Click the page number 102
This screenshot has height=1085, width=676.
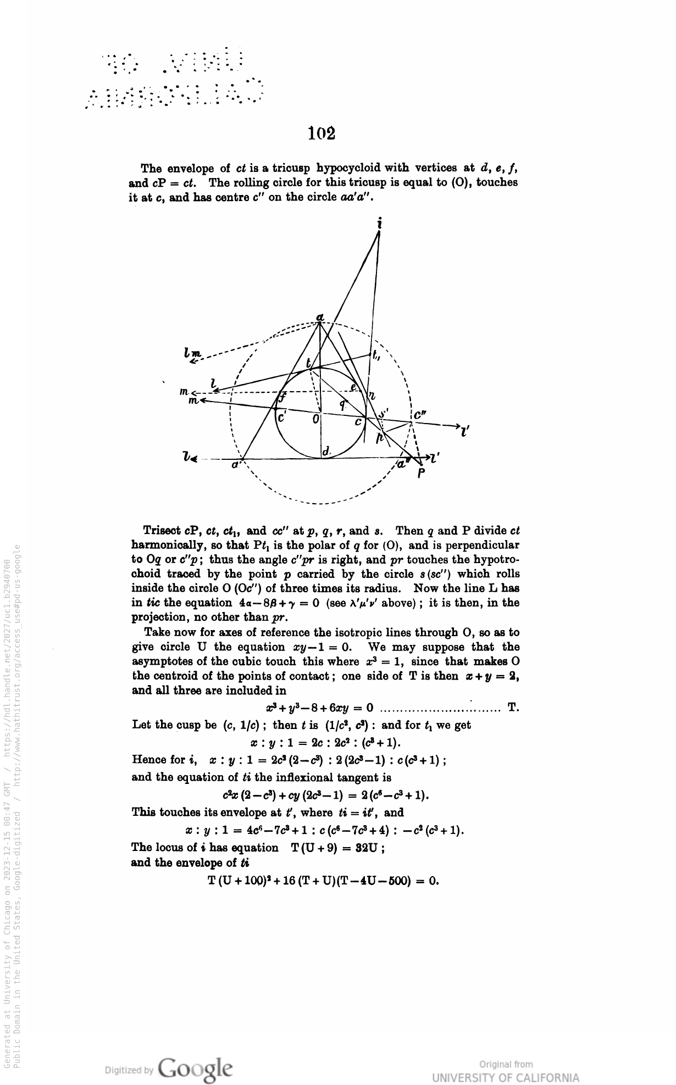pos(322,133)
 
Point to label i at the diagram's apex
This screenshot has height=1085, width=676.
pos(380,224)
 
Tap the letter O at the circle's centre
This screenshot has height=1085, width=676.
pos(315,419)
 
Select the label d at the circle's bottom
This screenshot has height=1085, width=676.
pos(326,451)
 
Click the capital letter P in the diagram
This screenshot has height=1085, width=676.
pos(421,474)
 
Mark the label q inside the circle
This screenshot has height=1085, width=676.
pos(342,405)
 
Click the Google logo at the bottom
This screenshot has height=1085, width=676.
pos(195,1069)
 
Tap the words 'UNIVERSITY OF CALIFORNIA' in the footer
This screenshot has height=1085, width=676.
pos(505,1078)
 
